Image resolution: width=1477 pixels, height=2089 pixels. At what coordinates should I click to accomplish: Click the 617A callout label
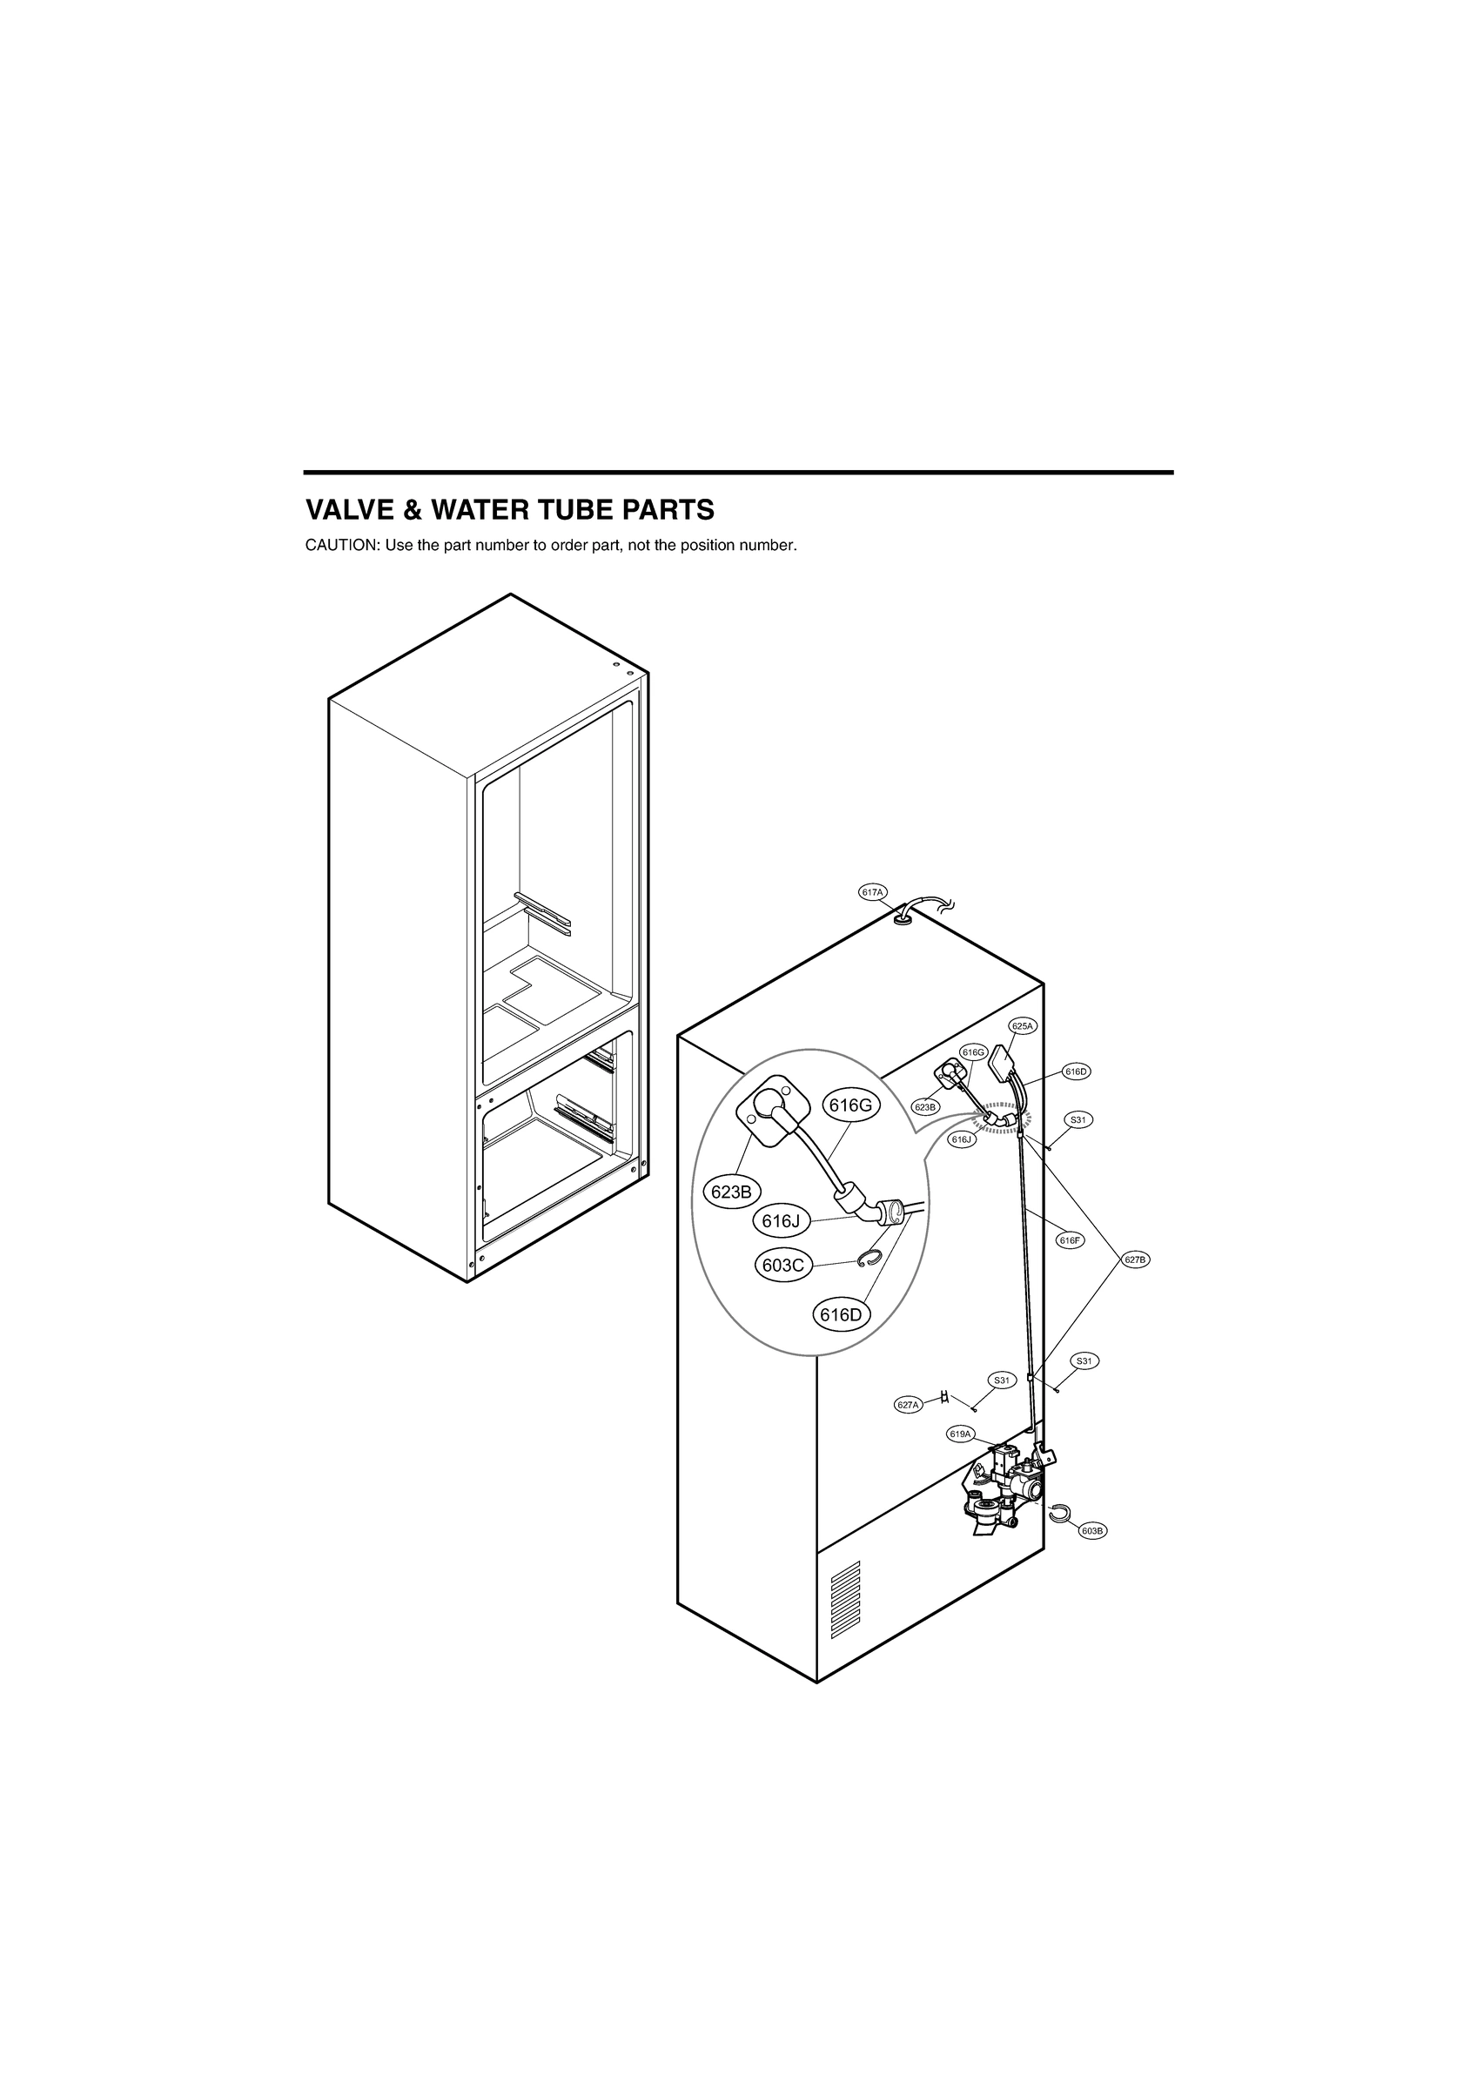873,892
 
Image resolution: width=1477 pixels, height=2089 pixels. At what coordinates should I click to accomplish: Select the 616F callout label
1071,1240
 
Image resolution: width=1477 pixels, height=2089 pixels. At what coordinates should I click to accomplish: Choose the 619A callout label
961,1434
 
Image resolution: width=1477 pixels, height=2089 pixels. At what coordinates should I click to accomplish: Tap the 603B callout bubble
1093,1530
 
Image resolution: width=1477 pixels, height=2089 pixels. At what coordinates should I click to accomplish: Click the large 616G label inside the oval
851,1105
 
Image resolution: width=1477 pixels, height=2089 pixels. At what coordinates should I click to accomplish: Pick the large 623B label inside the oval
731,1192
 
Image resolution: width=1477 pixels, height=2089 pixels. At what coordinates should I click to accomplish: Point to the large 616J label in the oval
780,1222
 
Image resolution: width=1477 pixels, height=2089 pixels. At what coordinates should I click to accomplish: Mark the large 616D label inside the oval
841,1314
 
